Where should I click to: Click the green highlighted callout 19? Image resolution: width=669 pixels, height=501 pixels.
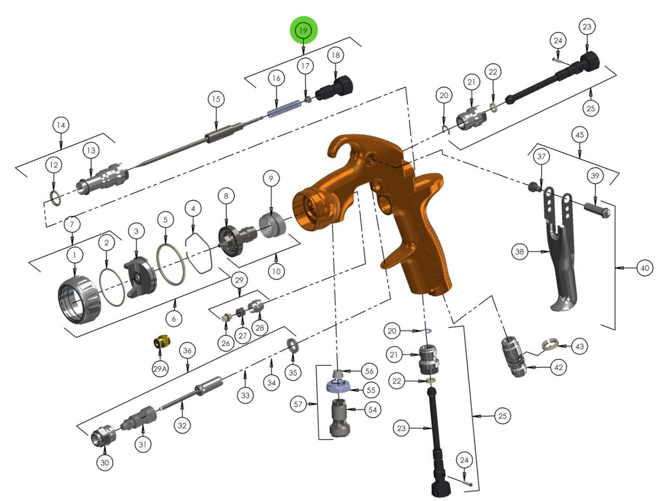[x=303, y=30]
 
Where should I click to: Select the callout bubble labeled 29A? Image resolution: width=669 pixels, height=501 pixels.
[x=160, y=369]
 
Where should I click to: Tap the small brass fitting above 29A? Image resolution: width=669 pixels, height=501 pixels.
[x=161, y=343]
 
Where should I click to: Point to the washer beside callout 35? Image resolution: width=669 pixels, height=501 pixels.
[x=292, y=347]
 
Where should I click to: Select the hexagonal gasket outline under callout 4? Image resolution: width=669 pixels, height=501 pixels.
[x=199, y=252]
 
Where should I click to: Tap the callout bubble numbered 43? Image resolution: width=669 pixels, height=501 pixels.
[x=579, y=347]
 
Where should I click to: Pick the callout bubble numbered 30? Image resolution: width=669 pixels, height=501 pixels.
[x=105, y=462]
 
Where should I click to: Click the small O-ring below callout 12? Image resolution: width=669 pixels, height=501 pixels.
[x=54, y=197]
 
